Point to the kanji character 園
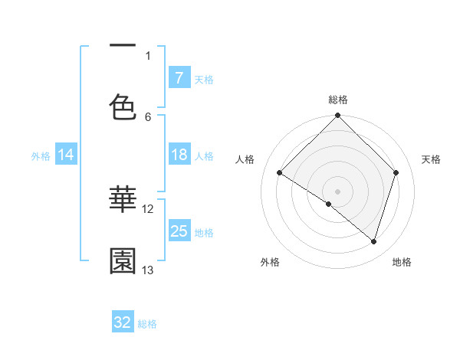(123, 261)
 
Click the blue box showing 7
(179, 77)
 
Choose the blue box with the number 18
(179, 155)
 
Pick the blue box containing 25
(179, 231)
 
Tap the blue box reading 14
(66, 155)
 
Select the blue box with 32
(123, 322)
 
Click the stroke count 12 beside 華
(148, 208)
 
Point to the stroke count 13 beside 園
(148, 270)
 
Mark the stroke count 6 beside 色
(148, 116)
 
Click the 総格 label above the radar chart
(338, 100)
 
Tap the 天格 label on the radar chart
(432, 159)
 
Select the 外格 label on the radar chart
(270, 262)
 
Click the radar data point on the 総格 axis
(338, 116)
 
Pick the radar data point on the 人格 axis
(280, 173)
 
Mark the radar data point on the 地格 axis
(374, 241)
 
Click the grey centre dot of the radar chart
(338, 191)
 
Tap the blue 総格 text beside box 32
(147, 324)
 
